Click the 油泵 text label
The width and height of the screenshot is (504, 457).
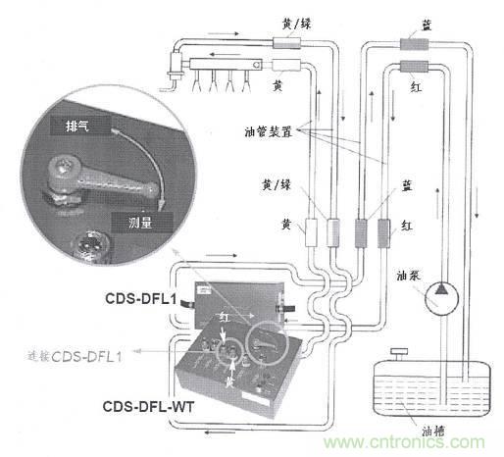point(411,275)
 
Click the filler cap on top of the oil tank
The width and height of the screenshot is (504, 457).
point(396,350)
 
